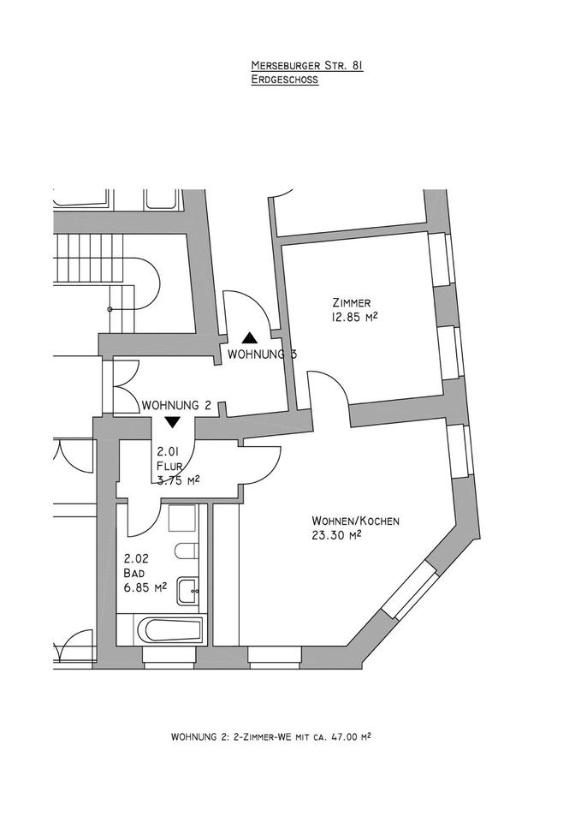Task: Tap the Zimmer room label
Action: point(351,303)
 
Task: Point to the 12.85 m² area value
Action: point(355,317)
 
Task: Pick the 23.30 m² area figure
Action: point(337,536)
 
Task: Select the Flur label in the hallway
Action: point(170,467)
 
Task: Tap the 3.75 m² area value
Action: point(178,480)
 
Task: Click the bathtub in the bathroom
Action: point(172,632)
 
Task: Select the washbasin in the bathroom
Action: point(188,589)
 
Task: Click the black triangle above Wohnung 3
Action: point(248,337)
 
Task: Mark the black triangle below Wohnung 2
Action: point(173,422)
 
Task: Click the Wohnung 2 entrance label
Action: point(177,405)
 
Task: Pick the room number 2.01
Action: point(169,453)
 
